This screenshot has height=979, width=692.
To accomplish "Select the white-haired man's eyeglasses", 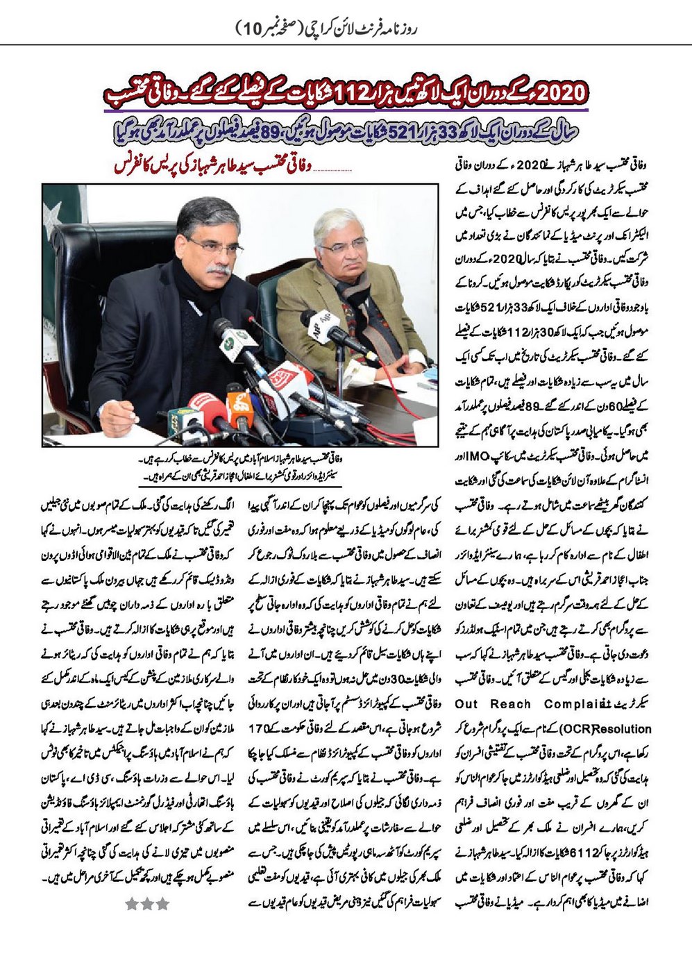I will click(x=344, y=246).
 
